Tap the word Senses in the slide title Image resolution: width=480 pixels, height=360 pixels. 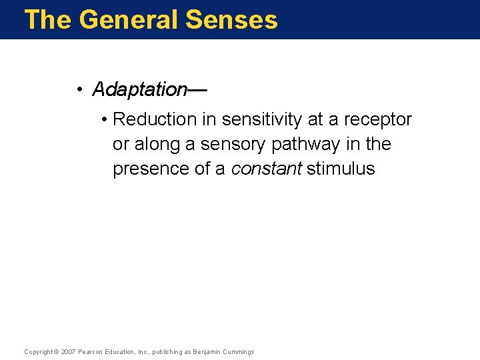pos(231,19)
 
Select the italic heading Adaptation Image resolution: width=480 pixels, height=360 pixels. pos(139,89)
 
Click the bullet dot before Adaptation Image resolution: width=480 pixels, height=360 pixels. pos(79,89)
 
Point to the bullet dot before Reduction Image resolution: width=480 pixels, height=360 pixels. pos(105,120)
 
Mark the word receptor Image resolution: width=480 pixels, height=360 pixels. pos(378,119)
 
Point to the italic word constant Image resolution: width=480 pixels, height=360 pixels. pos(266,169)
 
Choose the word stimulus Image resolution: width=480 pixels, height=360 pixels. pos(341,169)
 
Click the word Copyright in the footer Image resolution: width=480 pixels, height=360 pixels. pos(38,352)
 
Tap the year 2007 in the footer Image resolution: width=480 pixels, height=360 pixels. pos(68,352)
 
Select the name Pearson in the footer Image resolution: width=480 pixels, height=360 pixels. pos(91,352)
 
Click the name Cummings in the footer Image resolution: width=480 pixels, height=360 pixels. pos(238,352)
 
